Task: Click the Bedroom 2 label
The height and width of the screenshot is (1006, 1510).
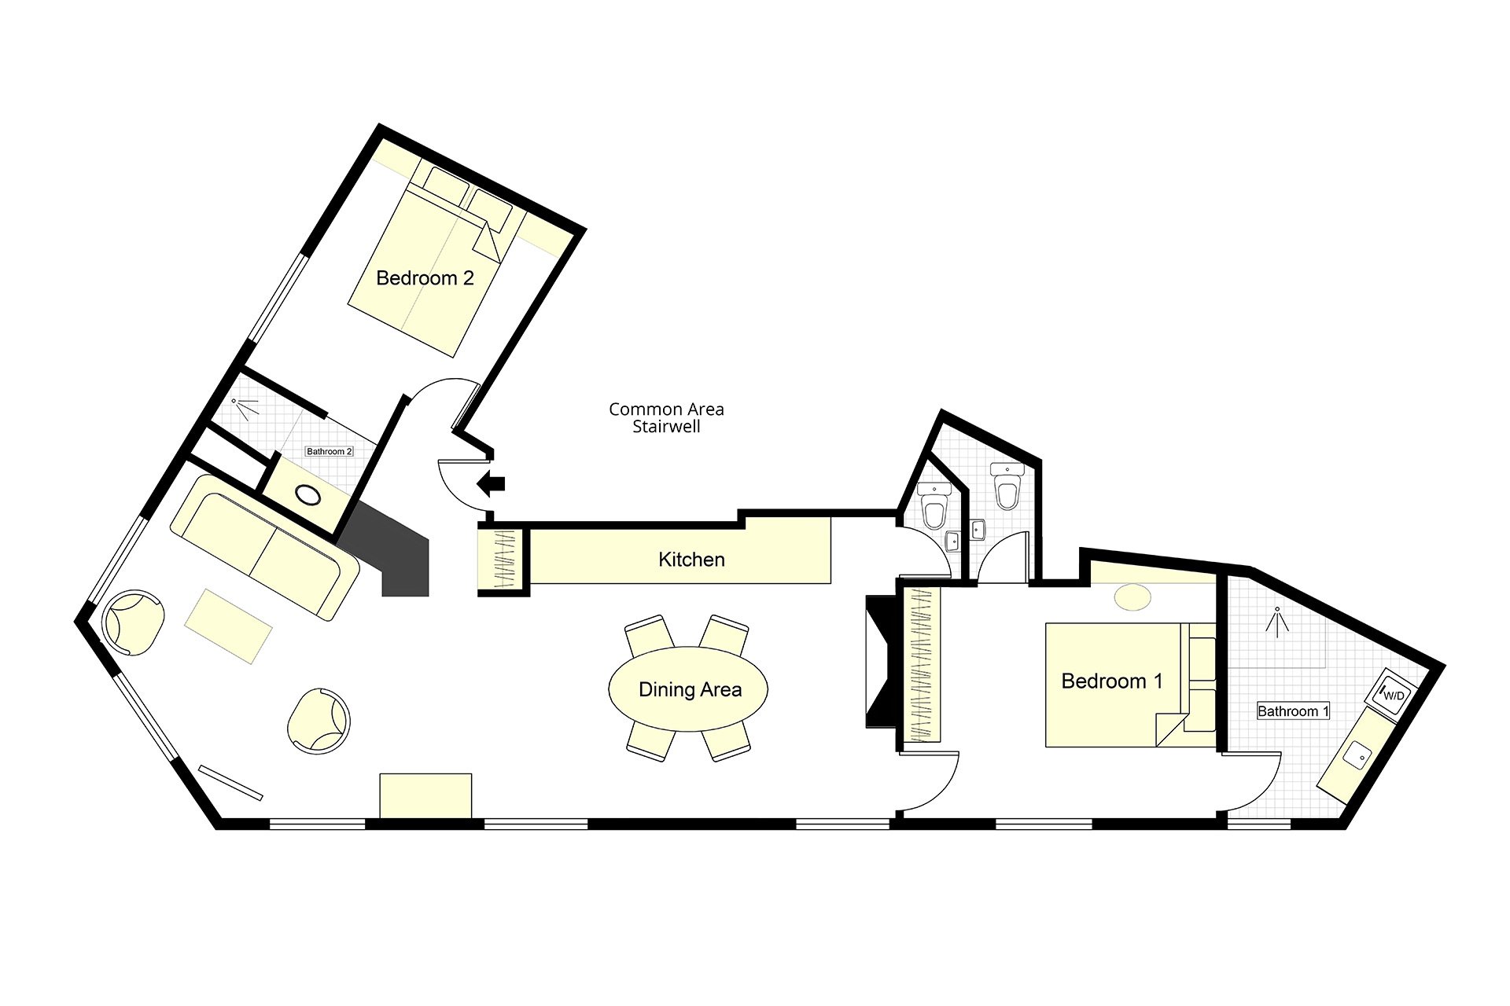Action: pyautogui.click(x=425, y=278)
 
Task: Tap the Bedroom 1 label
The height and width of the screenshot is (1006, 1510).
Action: pyautogui.click(x=1111, y=681)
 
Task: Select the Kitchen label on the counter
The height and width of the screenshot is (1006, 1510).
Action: pyautogui.click(x=691, y=560)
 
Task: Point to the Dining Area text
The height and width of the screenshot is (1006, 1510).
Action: pyautogui.click(x=690, y=690)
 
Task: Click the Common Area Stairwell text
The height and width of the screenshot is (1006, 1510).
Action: pyautogui.click(x=666, y=417)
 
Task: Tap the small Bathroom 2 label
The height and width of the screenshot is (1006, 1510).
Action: pyautogui.click(x=330, y=451)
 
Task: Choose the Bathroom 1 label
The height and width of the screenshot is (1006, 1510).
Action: pyautogui.click(x=1293, y=711)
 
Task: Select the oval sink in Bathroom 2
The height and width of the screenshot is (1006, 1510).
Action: pyautogui.click(x=307, y=494)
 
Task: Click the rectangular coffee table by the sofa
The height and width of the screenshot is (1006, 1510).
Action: pyautogui.click(x=228, y=626)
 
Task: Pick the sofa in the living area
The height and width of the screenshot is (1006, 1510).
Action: pyautogui.click(x=265, y=545)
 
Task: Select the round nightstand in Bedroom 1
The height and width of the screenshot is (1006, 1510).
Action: pyautogui.click(x=1132, y=597)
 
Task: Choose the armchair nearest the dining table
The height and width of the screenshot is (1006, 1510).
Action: pyautogui.click(x=319, y=721)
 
